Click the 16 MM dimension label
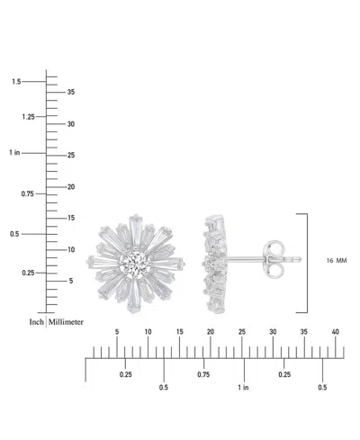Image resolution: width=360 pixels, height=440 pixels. point(336,260)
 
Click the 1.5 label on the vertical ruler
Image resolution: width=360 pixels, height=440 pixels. point(16,82)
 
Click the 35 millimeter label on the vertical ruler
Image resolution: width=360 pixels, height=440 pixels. point(71,92)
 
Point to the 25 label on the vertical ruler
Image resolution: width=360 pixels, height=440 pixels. point(71,155)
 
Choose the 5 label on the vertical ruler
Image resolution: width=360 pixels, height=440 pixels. point(70,281)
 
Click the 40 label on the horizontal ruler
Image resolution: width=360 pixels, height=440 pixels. point(336,333)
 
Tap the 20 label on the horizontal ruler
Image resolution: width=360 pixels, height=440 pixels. point(210,333)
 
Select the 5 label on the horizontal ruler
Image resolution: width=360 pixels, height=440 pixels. point(117,333)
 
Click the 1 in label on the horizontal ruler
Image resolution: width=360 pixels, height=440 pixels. point(244,388)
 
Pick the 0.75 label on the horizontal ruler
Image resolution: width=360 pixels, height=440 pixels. point(203,374)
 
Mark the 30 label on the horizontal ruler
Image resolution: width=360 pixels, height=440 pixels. point(273,333)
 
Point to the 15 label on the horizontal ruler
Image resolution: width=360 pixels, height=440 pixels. point(179,333)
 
